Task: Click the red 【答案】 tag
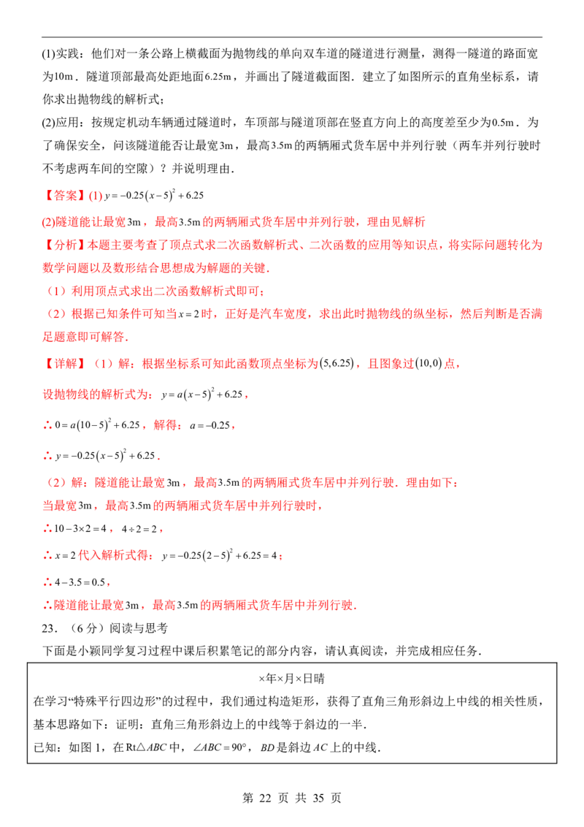coord(64,196)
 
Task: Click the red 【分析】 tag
coord(64,245)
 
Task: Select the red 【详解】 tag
coord(64,363)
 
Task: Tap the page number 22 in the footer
coord(264,798)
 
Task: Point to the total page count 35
coord(318,798)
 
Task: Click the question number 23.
coord(49,628)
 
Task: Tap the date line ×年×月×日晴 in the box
coord(291,678)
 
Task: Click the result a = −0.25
coord(210,425)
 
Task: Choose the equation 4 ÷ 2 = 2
coord(139,528)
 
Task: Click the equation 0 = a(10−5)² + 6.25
coord(98,424)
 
